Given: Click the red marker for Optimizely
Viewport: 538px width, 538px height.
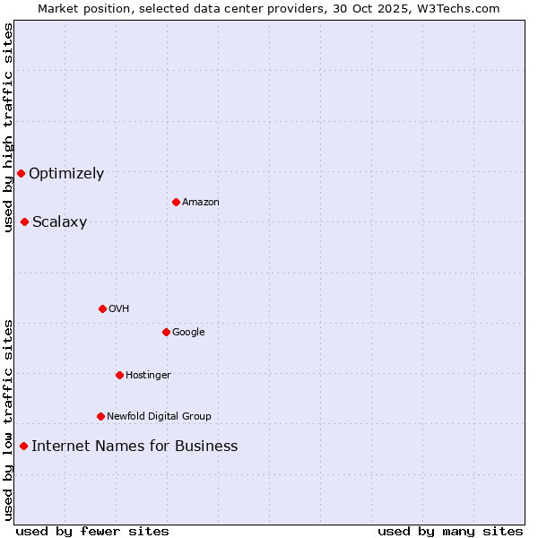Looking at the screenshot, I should pyautogui.click(x=21, y=173).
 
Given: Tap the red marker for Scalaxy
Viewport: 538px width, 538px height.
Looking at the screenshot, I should pyautogui.click(x=24, y=221).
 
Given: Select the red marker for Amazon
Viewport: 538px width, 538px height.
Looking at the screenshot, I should pyautogui.click(x=176, y=202).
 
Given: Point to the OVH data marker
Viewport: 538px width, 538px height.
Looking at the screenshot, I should pyautogui.click(x=102, y=308).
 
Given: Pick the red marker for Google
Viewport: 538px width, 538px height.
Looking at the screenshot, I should pyautogui.click(x=166, y=332).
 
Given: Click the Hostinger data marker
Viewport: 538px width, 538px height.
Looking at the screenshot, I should pyautogui.click(x=119, y=375).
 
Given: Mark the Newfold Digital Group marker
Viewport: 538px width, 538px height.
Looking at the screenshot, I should pyautogui.click(x=100, y=416).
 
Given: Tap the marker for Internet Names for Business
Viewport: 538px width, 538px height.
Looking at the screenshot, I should pyautogui.click(x=23, y=446).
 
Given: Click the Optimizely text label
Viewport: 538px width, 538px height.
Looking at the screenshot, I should pyautogui.click(x=66, y=173).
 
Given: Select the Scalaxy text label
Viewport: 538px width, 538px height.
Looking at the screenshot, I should pyautogui.click(x=59, y=222).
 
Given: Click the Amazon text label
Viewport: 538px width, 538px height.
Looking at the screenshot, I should pyautogui.click(x=201, y=202).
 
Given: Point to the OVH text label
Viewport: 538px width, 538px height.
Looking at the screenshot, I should pyautogui.click(x=119, y=308).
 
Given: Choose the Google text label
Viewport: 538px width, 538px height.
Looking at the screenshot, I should pyautogui.click(x=188, y=332).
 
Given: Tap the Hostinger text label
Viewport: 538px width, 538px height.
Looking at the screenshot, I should pyautogui.click(x=148, y=375).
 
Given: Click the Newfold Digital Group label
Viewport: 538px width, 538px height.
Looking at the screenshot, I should pyautogui.click(x=159, y=416).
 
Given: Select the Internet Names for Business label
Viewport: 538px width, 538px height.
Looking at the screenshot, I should pyautogui.click(x=134, y=446).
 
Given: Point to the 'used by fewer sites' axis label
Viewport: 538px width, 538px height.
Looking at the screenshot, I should pyautogui.click(x=92, y=531).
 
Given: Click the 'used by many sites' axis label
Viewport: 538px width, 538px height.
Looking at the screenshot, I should pyautogui.click(x=450, y=531).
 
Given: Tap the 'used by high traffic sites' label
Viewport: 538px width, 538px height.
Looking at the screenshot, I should pyautogui.click(x=8, y=127).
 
